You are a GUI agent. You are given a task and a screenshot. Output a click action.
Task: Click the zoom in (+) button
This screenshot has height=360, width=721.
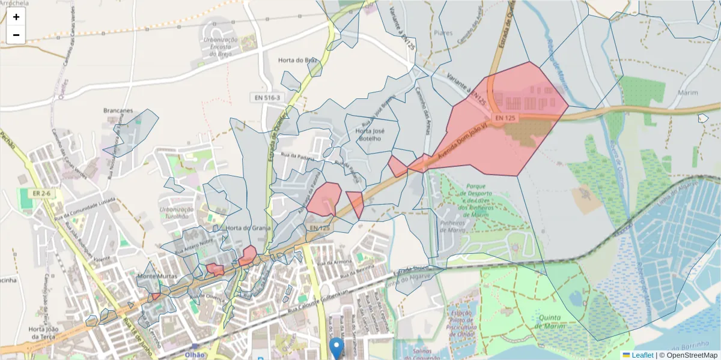[x=16, y=17]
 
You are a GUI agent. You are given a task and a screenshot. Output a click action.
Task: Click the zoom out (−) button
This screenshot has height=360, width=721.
[x=16, y=35]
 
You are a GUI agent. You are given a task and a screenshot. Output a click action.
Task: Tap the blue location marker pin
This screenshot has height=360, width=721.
[x=337, y=347]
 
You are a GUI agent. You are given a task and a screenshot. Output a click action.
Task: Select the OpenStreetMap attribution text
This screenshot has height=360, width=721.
[x=688, y=355]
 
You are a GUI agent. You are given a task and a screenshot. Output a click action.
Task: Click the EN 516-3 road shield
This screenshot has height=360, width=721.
[x=267, y=97]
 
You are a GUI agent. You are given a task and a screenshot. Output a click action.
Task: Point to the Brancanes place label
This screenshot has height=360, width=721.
[x=118, y=111]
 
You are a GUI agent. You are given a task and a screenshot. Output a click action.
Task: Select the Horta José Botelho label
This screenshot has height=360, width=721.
[x=369, y=134]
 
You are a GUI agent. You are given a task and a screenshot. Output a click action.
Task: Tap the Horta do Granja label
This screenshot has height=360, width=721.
[x=249, y=228]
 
